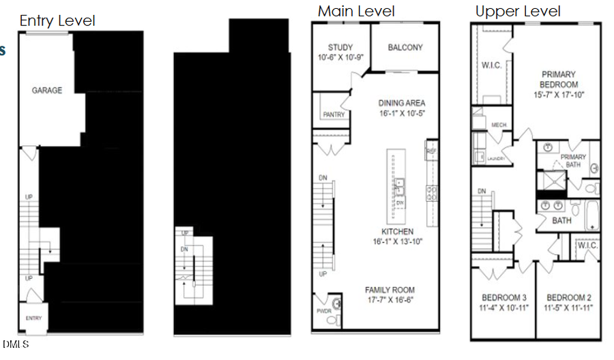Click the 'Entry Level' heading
pyautogui.click(x=57, y=20)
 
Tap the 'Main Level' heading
pyautogui.click(x=356, y=11)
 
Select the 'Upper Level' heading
pyautogui.click(x=518, y=11)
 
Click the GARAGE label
pyautogui.click(x=46, y=90)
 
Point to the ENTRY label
pyautogui.click(x=34, y=318)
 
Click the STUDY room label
pyautogui.click(x=340, y=48)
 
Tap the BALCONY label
pyautogui.click(x=405, y=48)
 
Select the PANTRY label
pyautogui.click(x=333, y=115)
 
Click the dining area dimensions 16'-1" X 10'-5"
pyautogui.click(x=402, y=114)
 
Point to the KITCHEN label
pyautogui.click(x=398, y=231)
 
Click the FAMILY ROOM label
pyautogui.click(x=390, y=290)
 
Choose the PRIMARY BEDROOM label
pyautogui.click(x=559, y=74)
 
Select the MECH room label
pyautogui.click(x=498, y=125)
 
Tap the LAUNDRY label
pyautogui.click(x=496, y=159)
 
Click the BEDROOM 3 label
pyautogui.click(x=503, y=298)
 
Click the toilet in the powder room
pyautogui.click(x=334, y=304)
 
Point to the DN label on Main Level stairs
pyautogui.click(x=323, y=178)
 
